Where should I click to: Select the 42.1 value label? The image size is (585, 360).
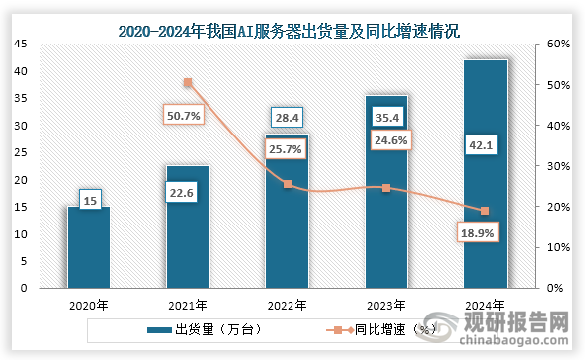coord(484,146)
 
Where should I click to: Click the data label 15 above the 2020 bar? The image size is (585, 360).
coord(88,201)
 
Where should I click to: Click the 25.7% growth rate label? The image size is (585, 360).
coord(286,148)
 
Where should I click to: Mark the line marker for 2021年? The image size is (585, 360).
coord(188,83)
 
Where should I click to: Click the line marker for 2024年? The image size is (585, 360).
coord(484,211)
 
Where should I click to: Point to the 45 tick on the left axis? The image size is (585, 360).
coord(22,45)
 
